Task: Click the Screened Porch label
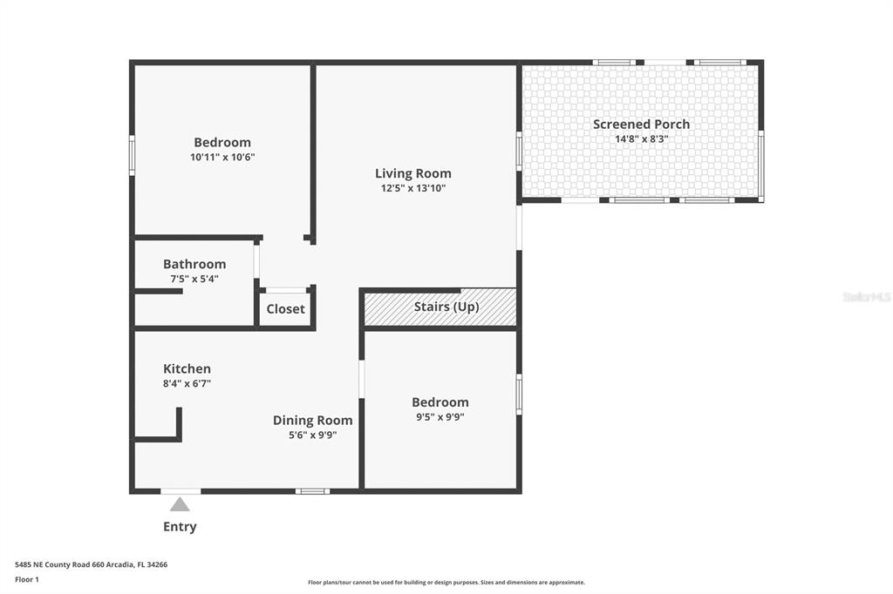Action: (x=641, y=124)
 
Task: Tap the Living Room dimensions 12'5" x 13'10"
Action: (x=412, y=188)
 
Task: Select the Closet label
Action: (x=285, y=309)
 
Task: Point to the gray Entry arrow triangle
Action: (x=180, y=504)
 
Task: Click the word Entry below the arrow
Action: (x=180, y=527)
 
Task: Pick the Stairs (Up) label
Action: (x=446, y=307)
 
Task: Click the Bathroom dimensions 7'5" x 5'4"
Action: (x=194, y=279)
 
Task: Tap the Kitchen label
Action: (x=187, y=368)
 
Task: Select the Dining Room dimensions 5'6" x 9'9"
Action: (x=313, y=435)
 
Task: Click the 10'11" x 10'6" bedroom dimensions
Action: (x=222, y=157)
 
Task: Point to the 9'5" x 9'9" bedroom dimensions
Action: (x=440, y=417)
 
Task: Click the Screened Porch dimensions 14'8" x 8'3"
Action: (x=641, y=138)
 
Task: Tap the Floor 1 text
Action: (x=27, y=580)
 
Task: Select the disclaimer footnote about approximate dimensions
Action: (x=446, y=583)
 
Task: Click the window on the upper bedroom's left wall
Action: (x=132, y=155)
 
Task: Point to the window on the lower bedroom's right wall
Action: (x=519, y=394)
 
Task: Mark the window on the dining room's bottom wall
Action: (x=312, y=491)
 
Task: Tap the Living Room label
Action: (x=412, y=173)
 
